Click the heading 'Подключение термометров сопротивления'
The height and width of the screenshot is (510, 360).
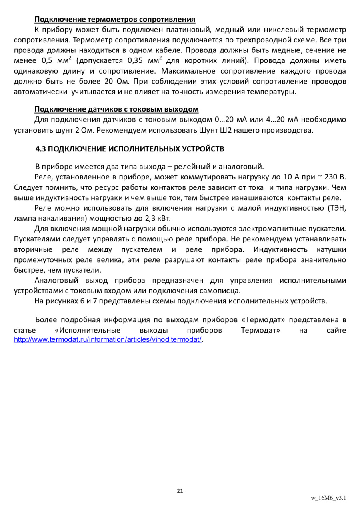click(x=115, y=19)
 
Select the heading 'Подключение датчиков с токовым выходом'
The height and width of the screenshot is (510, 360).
click(x=116, y=109)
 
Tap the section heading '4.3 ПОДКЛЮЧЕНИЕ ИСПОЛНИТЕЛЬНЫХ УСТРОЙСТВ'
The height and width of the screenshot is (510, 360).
click(x=130, y=149)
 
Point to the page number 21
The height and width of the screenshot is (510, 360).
click(x=180, y=491)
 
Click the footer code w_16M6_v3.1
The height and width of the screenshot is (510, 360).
click(x=328, y=498)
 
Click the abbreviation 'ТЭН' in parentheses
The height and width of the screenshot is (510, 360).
click(x=337, y=208)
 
